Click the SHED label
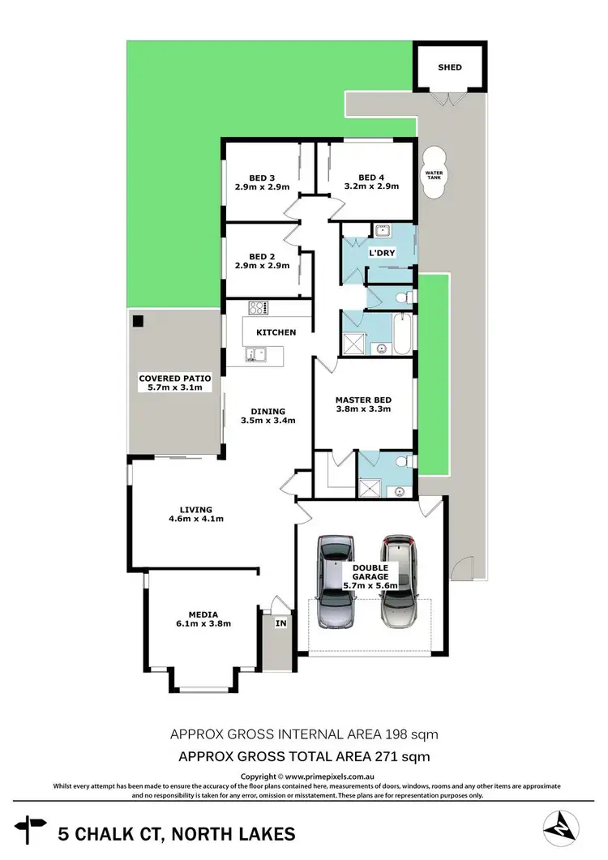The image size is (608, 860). pos(450,67)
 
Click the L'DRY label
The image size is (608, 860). pos(381,254)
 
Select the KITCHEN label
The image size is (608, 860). pos(276,332)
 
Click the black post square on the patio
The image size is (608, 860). pos(139,321)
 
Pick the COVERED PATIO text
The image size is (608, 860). pos(169,378)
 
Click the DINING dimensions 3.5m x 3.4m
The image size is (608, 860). pos(268,421)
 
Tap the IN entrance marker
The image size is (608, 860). pos(280,623)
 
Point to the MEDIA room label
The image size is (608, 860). pos(199,614)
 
